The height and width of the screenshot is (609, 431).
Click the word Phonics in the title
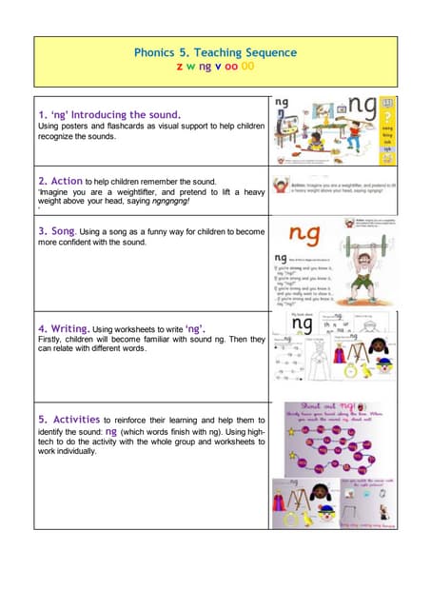[x=155, y=53]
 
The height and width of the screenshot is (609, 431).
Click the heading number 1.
[x=42, y=115]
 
